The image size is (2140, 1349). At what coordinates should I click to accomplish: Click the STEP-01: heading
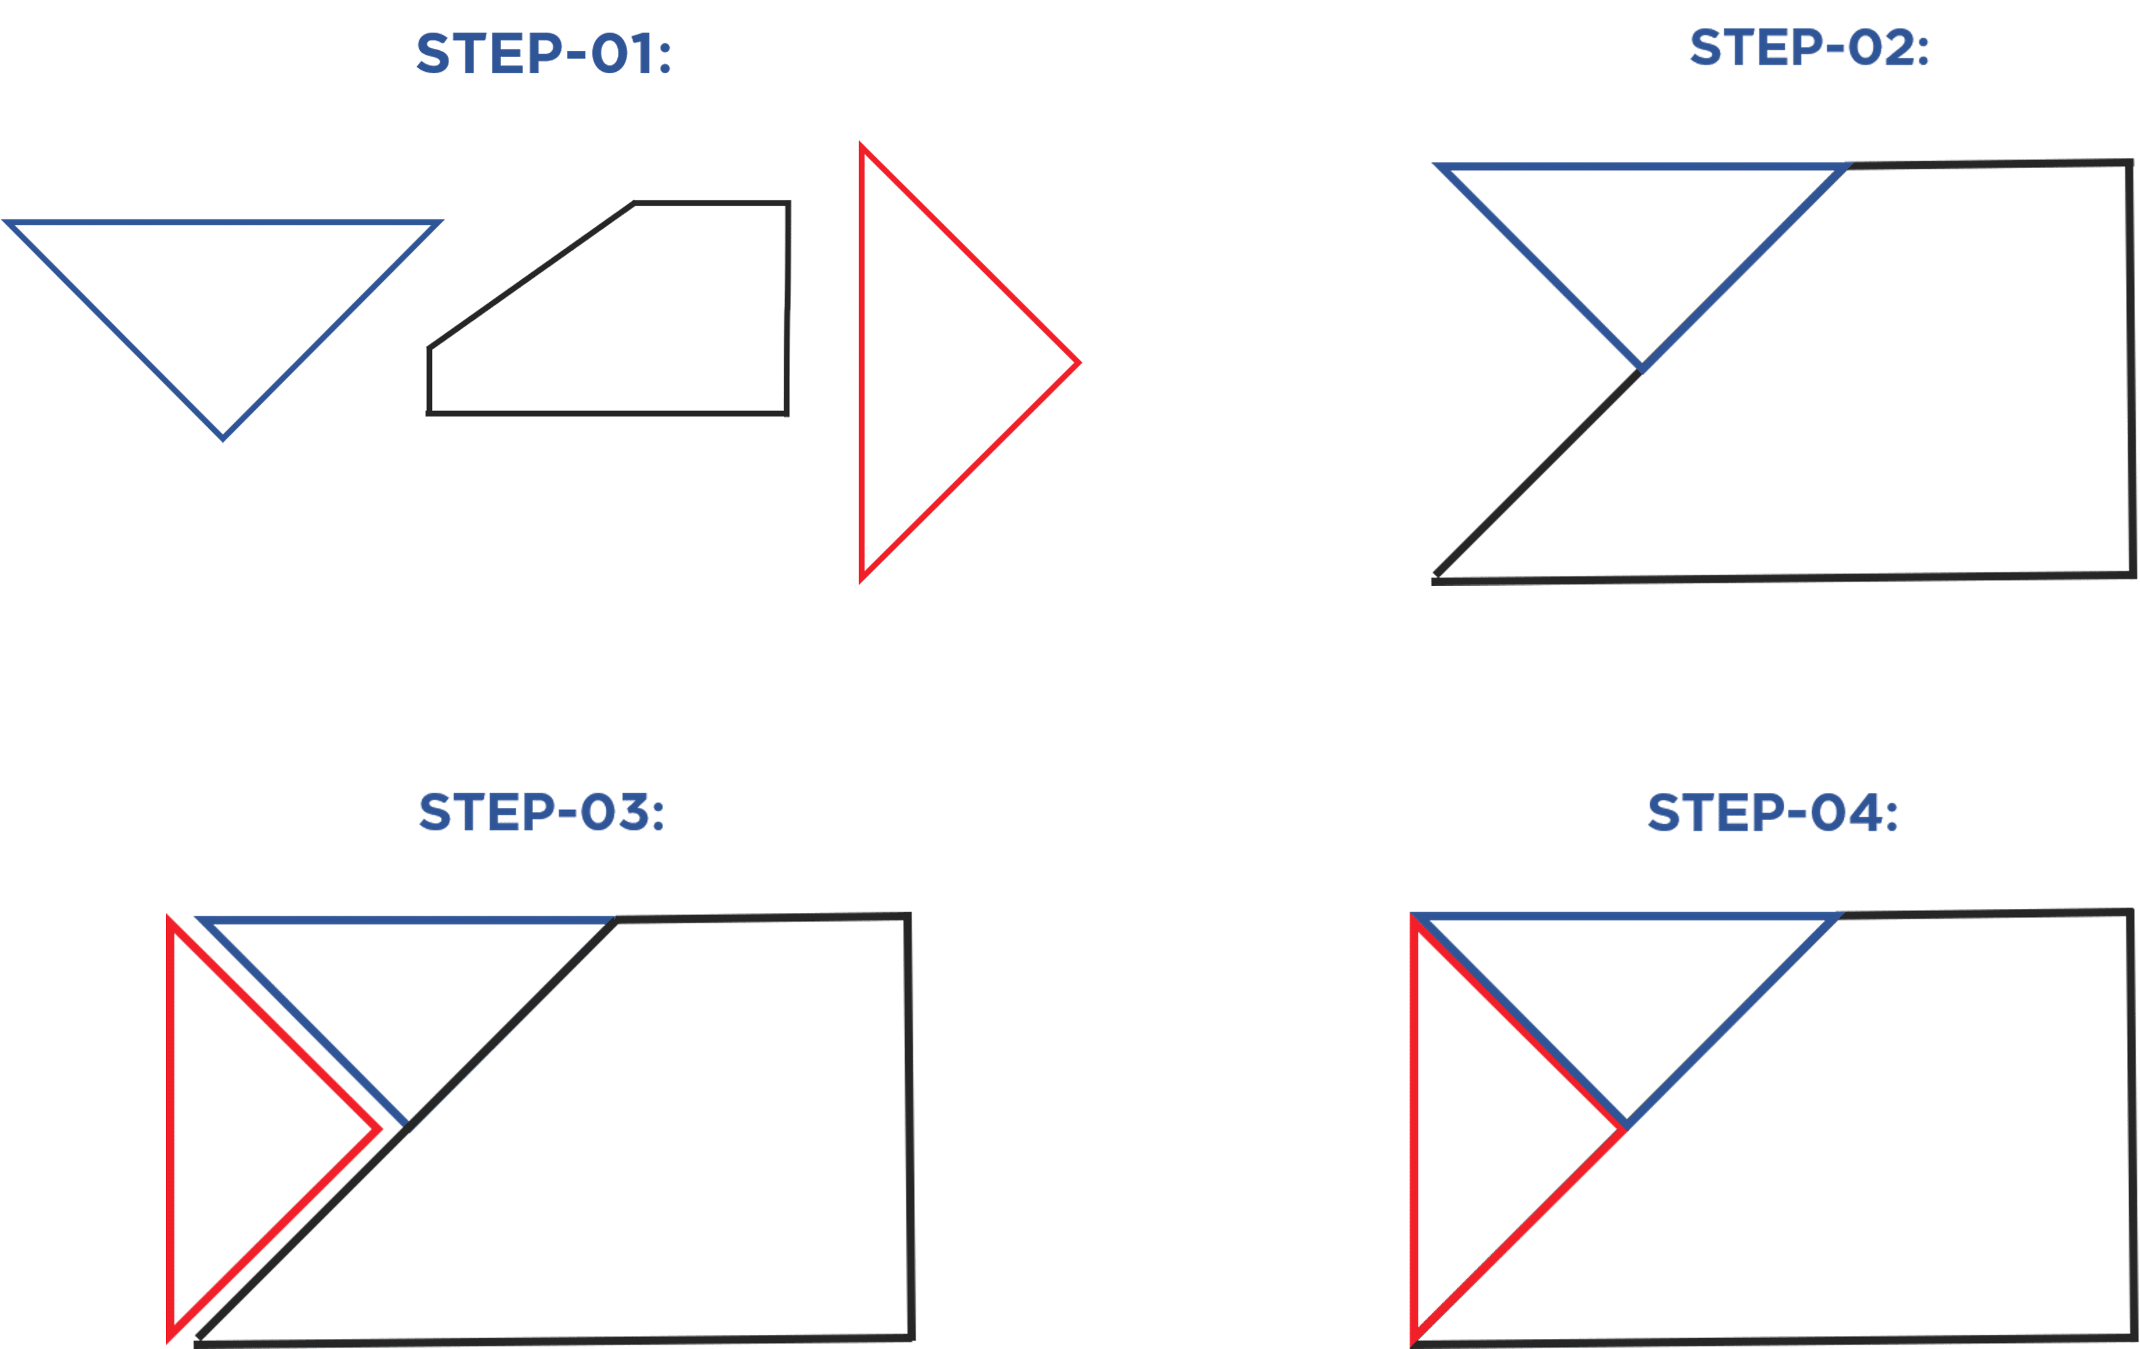[x=543, y=53]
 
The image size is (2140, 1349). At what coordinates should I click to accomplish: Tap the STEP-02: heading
[x=1809, y=47]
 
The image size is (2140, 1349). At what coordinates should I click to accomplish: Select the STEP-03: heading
[x=541, y=812]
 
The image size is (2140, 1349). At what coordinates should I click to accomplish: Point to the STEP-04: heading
[x=1773, y=812]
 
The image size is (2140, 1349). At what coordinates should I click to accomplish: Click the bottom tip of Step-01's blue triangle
[x=223, y=438]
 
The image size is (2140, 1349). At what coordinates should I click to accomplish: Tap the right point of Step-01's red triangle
[x=1079, y=362]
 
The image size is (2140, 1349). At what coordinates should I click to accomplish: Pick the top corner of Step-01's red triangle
[x=861, y=145]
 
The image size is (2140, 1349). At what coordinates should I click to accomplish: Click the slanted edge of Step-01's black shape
[x=532, y=276]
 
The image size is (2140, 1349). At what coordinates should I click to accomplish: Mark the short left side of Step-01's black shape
[x=429, y=381]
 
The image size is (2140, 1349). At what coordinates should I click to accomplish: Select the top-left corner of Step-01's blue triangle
[x=7, y=221]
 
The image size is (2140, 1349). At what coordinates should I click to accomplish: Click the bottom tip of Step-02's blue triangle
[x=1641, y=368]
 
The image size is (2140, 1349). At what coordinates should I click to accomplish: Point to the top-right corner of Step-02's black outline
[x=2131, y=163]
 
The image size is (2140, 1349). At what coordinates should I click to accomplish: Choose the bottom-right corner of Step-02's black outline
[x=2133, y=574]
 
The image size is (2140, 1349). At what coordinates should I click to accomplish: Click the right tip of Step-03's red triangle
[x=378, y=1130]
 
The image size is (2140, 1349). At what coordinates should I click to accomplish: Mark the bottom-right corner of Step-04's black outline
[x=2135, y=1337]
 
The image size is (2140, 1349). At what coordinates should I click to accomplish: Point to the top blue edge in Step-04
[x=1625, y=916]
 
